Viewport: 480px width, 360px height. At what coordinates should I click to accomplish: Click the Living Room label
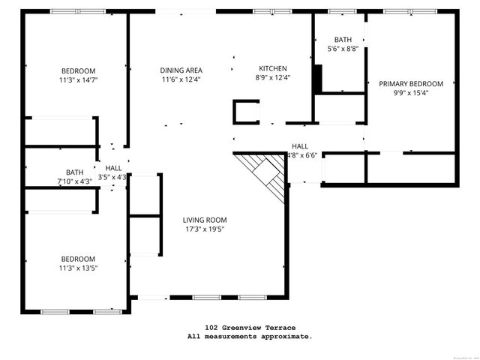click(205, 220)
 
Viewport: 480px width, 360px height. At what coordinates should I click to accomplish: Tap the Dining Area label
click(181, 70)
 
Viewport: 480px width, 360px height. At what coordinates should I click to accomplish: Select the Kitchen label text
click(272, 68)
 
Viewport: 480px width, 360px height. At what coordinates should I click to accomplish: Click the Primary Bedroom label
click(411, 84)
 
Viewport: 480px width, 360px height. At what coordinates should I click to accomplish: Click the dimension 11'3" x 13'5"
click(79, 267)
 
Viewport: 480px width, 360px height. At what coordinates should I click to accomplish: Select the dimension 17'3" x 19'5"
click(205, 229)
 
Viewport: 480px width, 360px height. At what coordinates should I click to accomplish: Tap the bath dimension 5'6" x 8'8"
click(343, 49)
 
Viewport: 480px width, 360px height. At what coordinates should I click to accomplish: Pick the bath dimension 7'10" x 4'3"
click(74, 181)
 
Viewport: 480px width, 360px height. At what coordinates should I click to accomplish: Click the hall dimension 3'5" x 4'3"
click(114, 177)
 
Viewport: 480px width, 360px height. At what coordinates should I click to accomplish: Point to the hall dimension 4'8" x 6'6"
click(302, 155)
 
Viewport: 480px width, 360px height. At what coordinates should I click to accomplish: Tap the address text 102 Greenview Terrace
click(250, 328)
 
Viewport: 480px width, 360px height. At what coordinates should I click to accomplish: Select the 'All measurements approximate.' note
click(250, 337)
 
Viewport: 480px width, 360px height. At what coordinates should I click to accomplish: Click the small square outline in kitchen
click(247, 111)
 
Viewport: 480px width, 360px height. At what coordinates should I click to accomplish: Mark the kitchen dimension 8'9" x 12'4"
click(272, 77)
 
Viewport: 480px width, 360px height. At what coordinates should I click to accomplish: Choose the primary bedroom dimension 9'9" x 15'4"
click(411, 93)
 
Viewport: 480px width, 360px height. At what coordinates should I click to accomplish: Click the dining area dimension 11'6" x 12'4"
click(181, 79)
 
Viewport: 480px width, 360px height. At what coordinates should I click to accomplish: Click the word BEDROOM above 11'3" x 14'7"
click(79, 70)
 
